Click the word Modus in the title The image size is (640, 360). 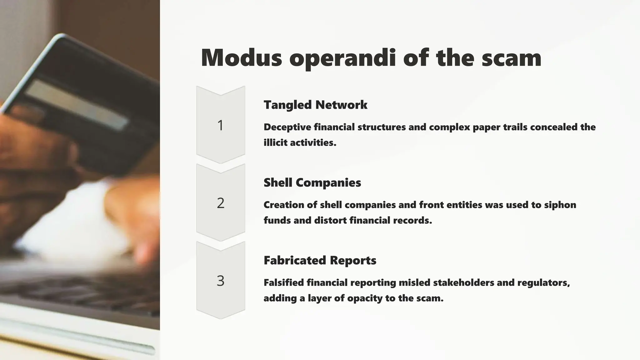pos(241,58)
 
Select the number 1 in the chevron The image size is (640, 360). pos(220,125)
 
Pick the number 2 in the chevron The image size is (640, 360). pos(220,203)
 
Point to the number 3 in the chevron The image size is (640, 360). pos(220,281)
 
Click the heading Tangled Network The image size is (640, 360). pos(315,105)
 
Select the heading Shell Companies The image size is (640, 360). pos(312,182)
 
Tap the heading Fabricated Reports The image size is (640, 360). pos(320,260)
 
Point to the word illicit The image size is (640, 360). pos(275,142)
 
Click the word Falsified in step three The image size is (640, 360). pos(283,282)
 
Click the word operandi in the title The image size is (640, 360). pos(342,58)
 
